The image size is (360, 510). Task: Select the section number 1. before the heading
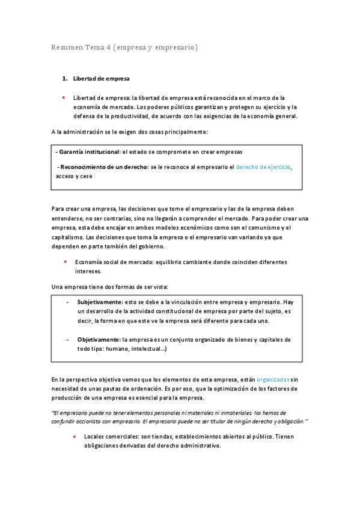click(66, 78)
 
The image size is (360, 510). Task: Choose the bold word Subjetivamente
click(99, 301)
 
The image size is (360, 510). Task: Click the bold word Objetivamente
click(98, 340)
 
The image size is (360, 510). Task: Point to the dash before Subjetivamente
click(67, 301)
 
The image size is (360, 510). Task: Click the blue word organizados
click(273, 379)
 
